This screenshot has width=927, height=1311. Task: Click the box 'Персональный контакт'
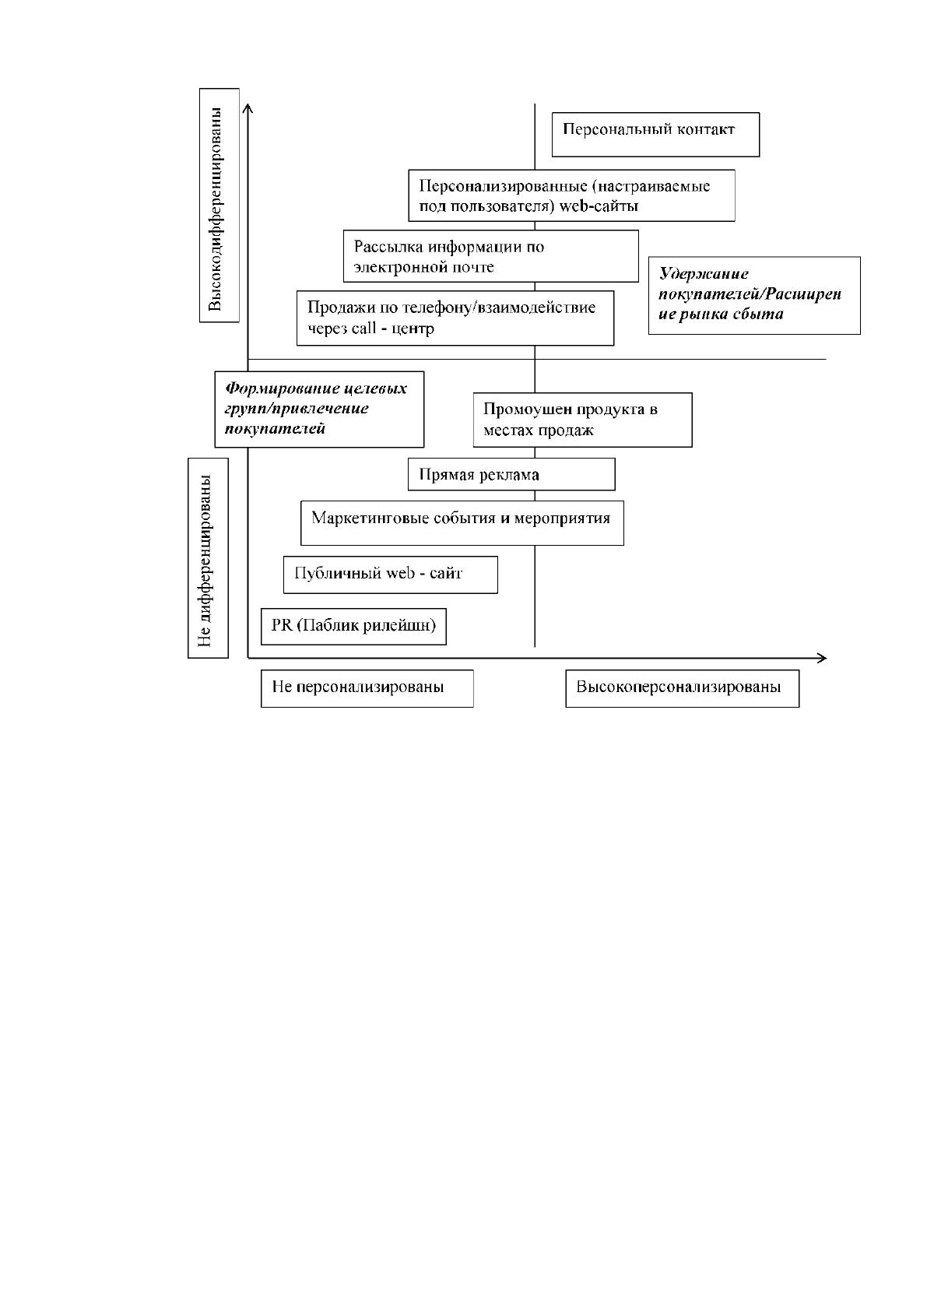[655, 135]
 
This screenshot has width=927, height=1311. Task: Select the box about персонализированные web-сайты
[572, 195]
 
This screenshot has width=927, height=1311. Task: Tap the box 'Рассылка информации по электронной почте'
[491, 256]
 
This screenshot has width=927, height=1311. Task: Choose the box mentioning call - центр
[455, 318]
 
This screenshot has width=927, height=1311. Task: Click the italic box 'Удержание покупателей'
[754, 296]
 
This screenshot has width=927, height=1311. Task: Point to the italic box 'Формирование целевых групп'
[320, 409]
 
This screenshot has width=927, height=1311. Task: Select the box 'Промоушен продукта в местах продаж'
[583, 420]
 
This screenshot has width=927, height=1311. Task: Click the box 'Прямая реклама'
[511, 474]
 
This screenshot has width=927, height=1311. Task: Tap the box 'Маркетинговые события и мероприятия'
[462, 522]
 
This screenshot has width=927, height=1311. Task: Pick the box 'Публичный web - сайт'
[391, 575]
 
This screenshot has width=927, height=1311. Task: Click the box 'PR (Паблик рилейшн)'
[353, 626]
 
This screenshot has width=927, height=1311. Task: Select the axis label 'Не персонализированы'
[367, 688]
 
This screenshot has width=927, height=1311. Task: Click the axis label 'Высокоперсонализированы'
[683, 688]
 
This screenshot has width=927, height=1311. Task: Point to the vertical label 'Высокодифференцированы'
[219, 205]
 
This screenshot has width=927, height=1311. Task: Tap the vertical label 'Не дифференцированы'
[208, 557]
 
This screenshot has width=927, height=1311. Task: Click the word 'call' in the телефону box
[364, 329]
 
